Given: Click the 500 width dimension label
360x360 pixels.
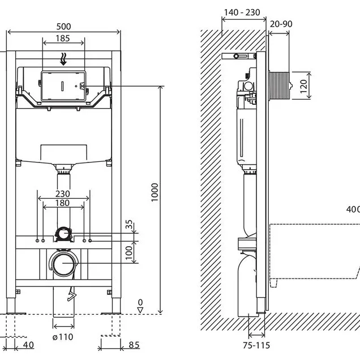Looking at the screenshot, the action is point(63,27).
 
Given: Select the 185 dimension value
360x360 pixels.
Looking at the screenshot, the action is point(63,38).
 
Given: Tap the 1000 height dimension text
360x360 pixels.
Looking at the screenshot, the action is point(155,192).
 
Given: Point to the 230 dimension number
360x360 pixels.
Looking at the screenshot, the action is point(63,194).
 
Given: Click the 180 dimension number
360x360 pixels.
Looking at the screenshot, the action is point(63,203).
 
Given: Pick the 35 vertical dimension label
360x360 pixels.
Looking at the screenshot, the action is point(129,224).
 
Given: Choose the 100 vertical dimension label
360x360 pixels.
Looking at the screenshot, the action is point(129,253).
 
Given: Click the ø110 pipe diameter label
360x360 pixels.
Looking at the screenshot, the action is point(63,337).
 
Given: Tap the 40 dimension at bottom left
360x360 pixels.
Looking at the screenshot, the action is point(28,345).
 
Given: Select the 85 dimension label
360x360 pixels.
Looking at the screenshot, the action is point(134,345).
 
